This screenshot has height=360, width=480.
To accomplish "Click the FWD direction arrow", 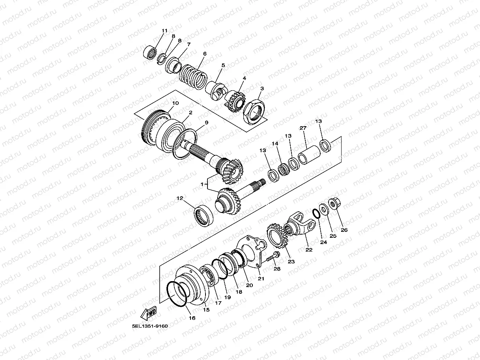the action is pyautogui.click(x=148, y=313).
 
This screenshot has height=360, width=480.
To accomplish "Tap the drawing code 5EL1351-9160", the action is pyautogui.click(x=150, y=326).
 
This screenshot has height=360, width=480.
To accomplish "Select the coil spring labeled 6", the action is pyautogui.click(x=193, y=76).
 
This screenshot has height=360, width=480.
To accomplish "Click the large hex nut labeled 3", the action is pyautogui.click(x=254, y=112).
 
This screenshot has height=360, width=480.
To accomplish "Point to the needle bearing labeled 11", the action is pyautogui.click(x=150, y=53).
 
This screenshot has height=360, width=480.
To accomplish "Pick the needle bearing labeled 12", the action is pyautogui.click(x=204, y=215).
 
